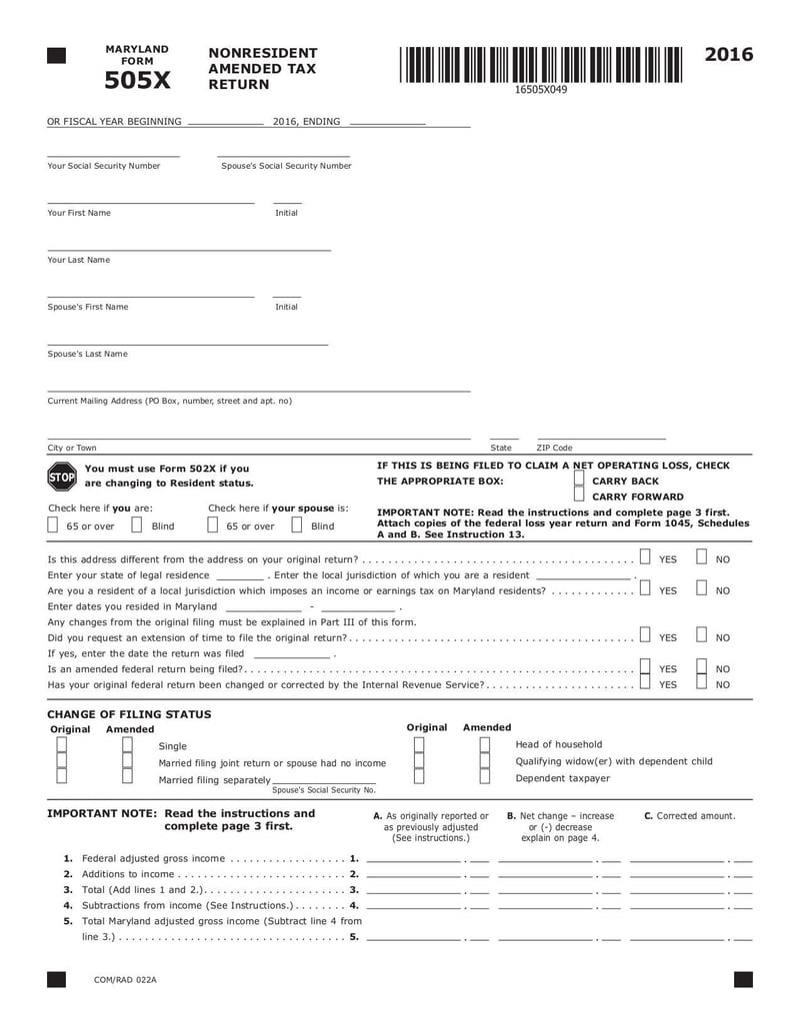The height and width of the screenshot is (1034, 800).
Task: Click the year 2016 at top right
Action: tap(729, 55)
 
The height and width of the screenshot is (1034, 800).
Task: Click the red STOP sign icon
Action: tap(61, 477)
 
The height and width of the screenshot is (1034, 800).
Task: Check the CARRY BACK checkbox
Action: tap(579, 480)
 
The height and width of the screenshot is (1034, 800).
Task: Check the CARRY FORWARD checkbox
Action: tap(579, 496)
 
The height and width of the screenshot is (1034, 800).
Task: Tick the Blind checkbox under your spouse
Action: tap(297, 524)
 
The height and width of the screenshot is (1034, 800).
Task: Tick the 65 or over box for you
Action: tap(53, 524)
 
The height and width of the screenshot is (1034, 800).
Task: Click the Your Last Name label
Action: tap(79, 260)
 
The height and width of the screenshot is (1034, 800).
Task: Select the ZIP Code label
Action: tap(554, 448)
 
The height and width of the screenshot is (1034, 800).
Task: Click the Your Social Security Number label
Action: tap(104, 166)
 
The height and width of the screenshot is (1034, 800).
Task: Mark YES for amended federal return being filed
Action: tap(645, 667)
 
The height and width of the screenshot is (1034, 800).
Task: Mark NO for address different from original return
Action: tap(702, 557)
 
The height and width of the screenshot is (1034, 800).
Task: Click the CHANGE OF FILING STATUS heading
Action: tap(129, 714)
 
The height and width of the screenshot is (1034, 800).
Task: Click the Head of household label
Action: tap(558, 744)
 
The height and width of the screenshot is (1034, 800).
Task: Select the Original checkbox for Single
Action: tap(62, 745)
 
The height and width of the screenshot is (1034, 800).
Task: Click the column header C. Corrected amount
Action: tap(689, 815)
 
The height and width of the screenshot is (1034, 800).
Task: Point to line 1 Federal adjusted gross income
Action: tap(152, 858)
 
